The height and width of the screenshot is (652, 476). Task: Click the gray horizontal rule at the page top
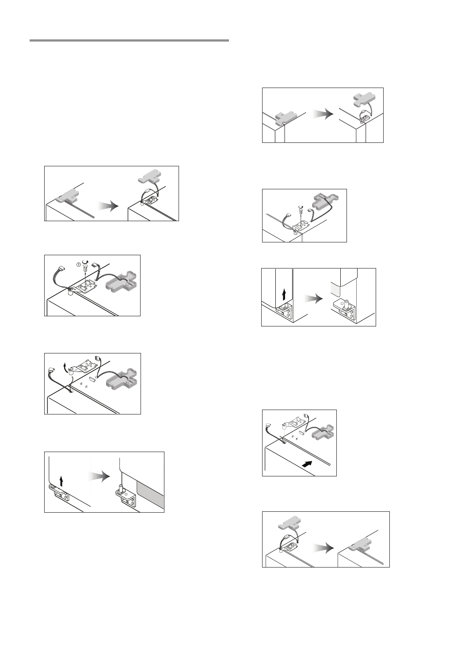(x=129, y=40)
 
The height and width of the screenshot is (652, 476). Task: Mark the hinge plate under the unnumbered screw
(x=303, y=226)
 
